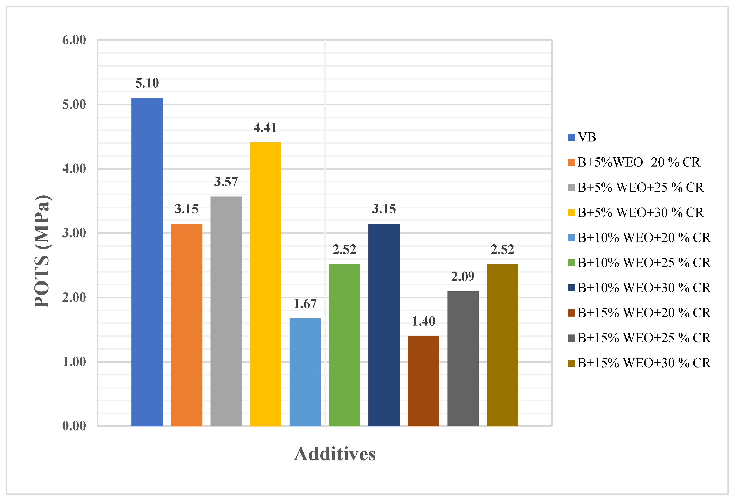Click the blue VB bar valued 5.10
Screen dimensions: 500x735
coord(147,262)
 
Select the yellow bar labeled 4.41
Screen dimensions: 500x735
coord(265,284)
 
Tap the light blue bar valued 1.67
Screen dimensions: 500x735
coord(305,372)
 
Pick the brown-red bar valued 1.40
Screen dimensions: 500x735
coord(423,381)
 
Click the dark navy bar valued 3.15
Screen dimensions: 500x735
coord(384,325)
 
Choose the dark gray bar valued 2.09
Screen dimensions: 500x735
coord(463,359)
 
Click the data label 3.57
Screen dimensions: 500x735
coord(226,182)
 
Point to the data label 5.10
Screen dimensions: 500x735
coord(147,83)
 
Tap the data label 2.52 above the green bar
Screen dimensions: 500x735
coord(344,249)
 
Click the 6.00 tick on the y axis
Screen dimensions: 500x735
coord(74,40)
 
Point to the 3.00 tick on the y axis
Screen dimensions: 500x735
coord(74,233)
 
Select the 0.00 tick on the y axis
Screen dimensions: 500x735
coord(74,426)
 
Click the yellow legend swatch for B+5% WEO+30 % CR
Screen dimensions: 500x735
coord(571,213)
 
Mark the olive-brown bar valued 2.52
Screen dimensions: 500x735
coord(502,345)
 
